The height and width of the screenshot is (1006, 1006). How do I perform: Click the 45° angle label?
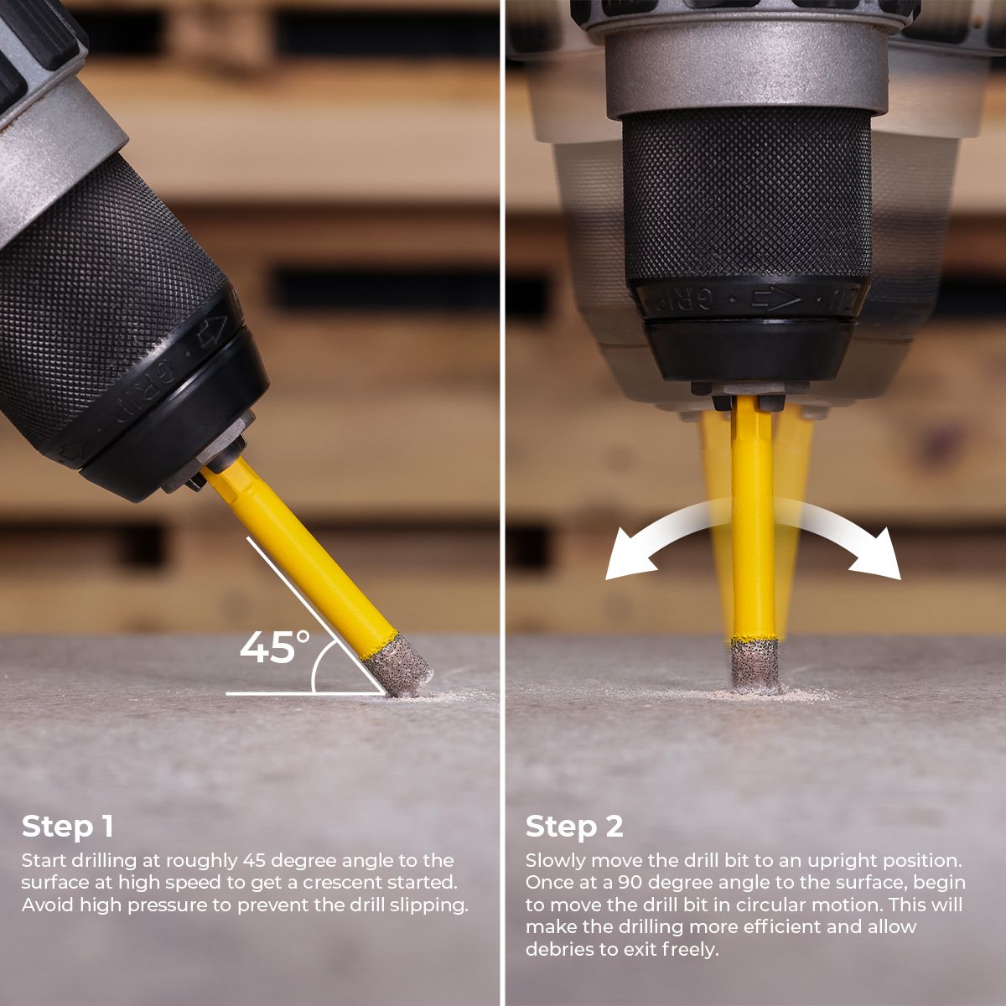point(274,648)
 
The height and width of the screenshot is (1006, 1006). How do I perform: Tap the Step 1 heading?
point(67,827)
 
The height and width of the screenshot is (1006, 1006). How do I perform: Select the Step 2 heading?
point(574,827)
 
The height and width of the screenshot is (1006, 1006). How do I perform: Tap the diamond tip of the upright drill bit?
point(754,665)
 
